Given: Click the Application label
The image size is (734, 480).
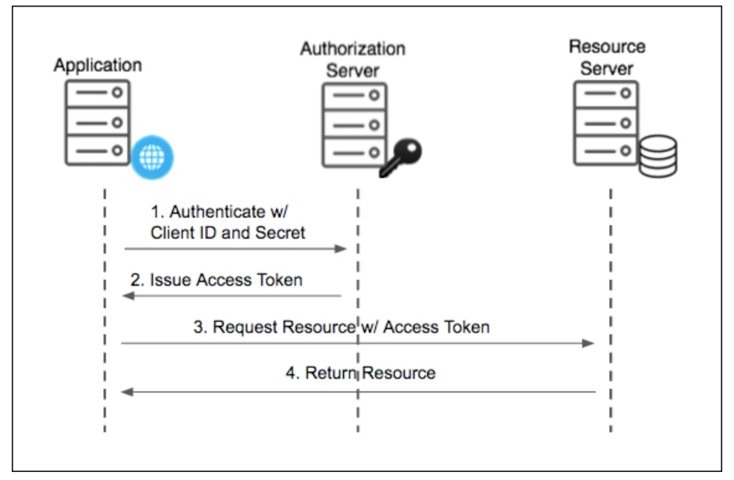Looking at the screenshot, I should [97, 65].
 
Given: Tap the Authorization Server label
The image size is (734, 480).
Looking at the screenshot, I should [353, 60].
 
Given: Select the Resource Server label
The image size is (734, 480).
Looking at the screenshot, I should [607, 57].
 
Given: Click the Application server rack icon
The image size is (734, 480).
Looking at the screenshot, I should [98, 122].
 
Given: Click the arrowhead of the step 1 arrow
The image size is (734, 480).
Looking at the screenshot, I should [340, 249].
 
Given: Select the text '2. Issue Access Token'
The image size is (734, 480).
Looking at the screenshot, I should [216, 280].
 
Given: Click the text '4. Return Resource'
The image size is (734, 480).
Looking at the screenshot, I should [361, 373].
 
